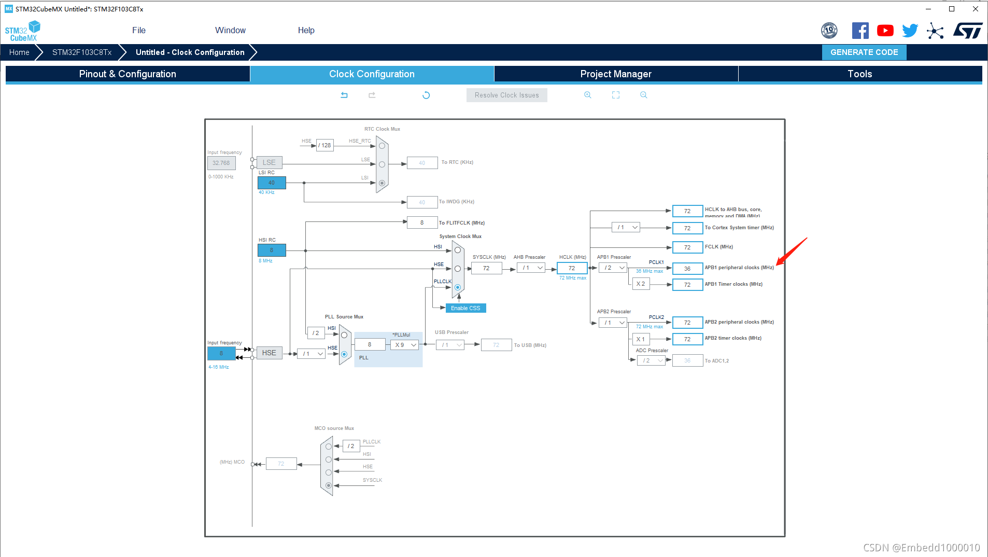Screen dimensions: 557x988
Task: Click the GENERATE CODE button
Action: (864, 52)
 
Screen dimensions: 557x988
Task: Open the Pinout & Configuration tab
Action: (128, 74)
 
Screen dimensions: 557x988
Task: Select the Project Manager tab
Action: (616, 74)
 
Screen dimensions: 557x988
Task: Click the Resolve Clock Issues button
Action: (506, 95)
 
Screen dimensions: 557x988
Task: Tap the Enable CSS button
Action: (465, 309)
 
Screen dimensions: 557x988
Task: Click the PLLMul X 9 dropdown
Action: (405, 345)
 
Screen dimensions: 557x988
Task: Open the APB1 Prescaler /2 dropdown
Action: (613, 268)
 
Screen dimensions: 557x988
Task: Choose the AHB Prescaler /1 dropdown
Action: (531, 268)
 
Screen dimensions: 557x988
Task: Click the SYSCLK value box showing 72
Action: (486, 269)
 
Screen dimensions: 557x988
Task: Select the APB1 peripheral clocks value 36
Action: (687, 269)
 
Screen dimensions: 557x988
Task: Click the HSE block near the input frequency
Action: (269, 353)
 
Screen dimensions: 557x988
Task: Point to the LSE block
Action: (269, 163)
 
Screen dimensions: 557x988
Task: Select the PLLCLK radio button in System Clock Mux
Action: (458, 287)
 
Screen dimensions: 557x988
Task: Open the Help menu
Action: (306, 31)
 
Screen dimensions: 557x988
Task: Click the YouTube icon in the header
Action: (885, 31)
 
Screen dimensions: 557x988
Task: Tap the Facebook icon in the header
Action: (860, 31)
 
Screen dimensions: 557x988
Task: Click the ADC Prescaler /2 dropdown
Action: (652, 361)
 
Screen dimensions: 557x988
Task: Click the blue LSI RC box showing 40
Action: (272, 183)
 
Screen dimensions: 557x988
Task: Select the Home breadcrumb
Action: (19, 52)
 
